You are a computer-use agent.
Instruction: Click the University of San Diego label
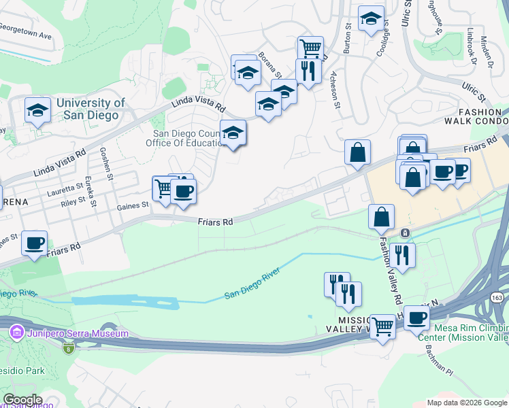(91, 109)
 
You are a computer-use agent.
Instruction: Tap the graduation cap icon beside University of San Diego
(38, 110)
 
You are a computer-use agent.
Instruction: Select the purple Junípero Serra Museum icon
(16, 333)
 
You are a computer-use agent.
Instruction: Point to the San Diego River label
(253, 288)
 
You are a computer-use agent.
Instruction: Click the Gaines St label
(132, 206)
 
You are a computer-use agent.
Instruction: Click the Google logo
(22, 400)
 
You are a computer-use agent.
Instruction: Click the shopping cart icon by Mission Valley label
(382, 326)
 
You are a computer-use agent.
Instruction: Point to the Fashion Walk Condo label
(479, 116)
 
